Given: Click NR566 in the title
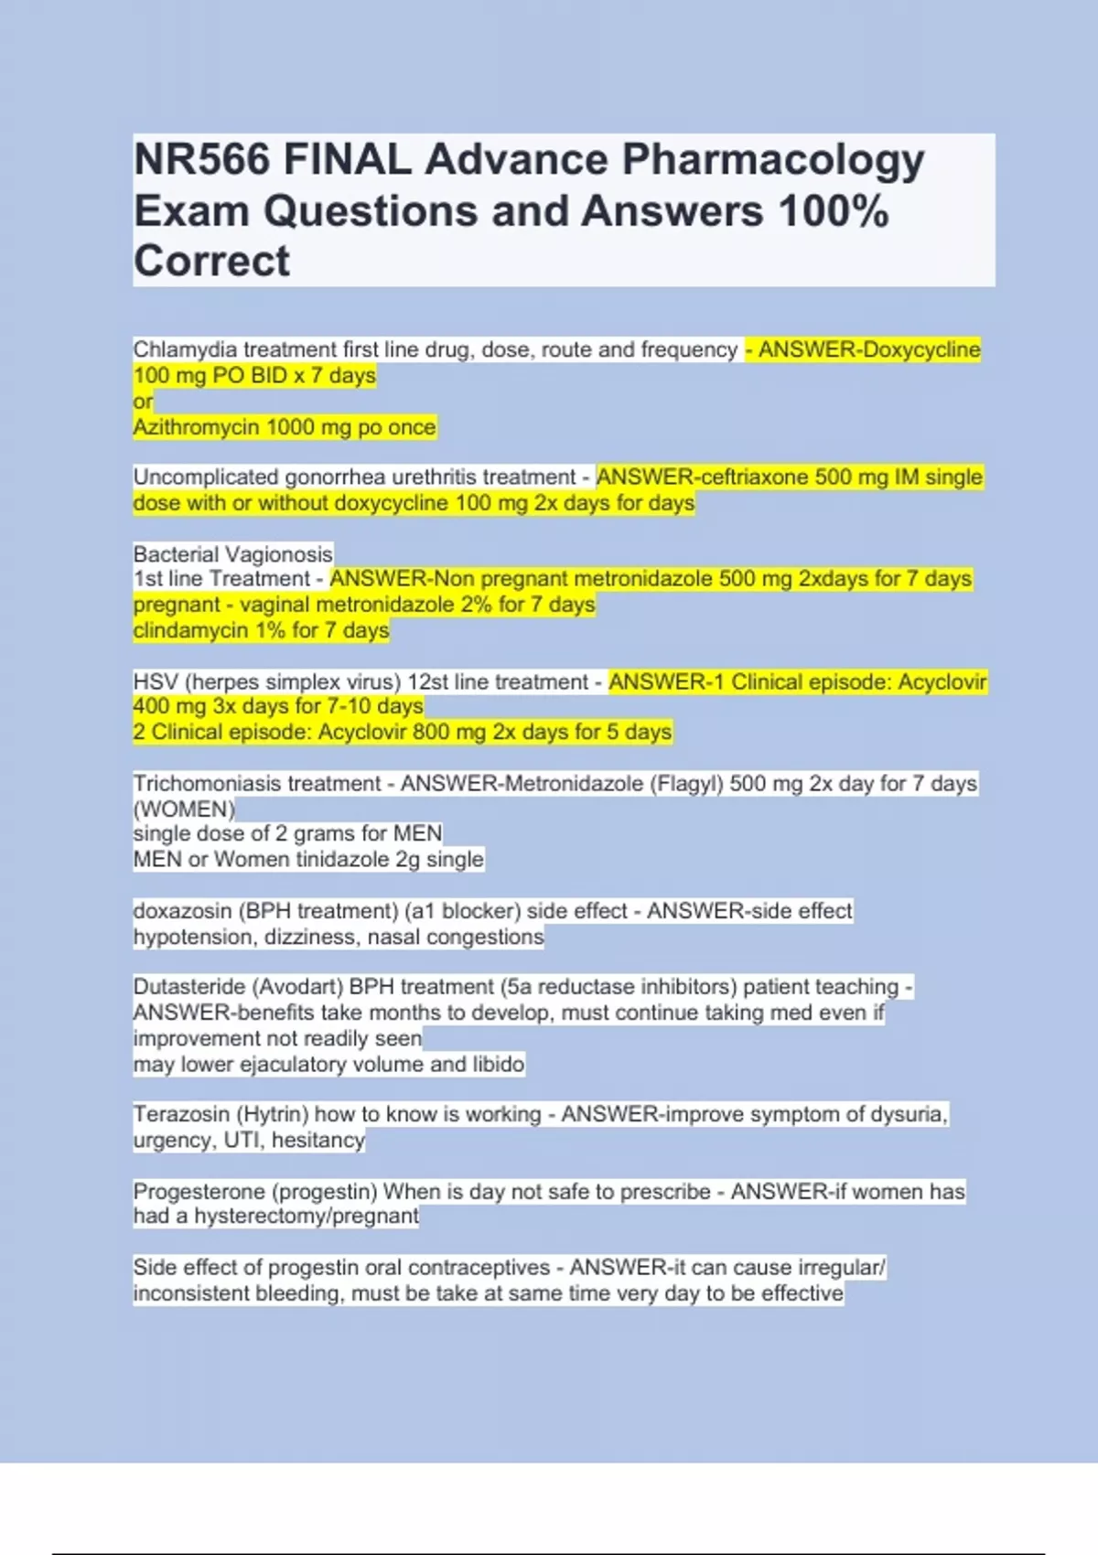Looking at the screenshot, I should point(202,160).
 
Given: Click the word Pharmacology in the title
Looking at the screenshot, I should point(773,161).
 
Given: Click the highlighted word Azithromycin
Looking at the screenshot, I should point(196,427).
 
